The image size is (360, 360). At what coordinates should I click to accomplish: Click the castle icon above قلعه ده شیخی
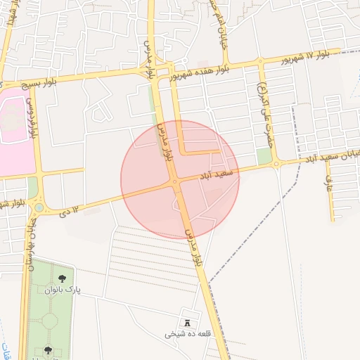[188, 322]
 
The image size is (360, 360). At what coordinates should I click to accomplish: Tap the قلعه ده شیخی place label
[184, 335]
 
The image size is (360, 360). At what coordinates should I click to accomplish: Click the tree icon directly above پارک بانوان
[63, 278]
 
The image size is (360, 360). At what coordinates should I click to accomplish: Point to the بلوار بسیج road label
[56, 79]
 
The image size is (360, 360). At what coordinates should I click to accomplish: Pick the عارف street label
[327, 185]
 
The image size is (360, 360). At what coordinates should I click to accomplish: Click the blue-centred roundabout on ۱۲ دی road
[39, 207]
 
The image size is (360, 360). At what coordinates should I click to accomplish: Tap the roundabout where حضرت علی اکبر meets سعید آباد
[276, 164]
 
